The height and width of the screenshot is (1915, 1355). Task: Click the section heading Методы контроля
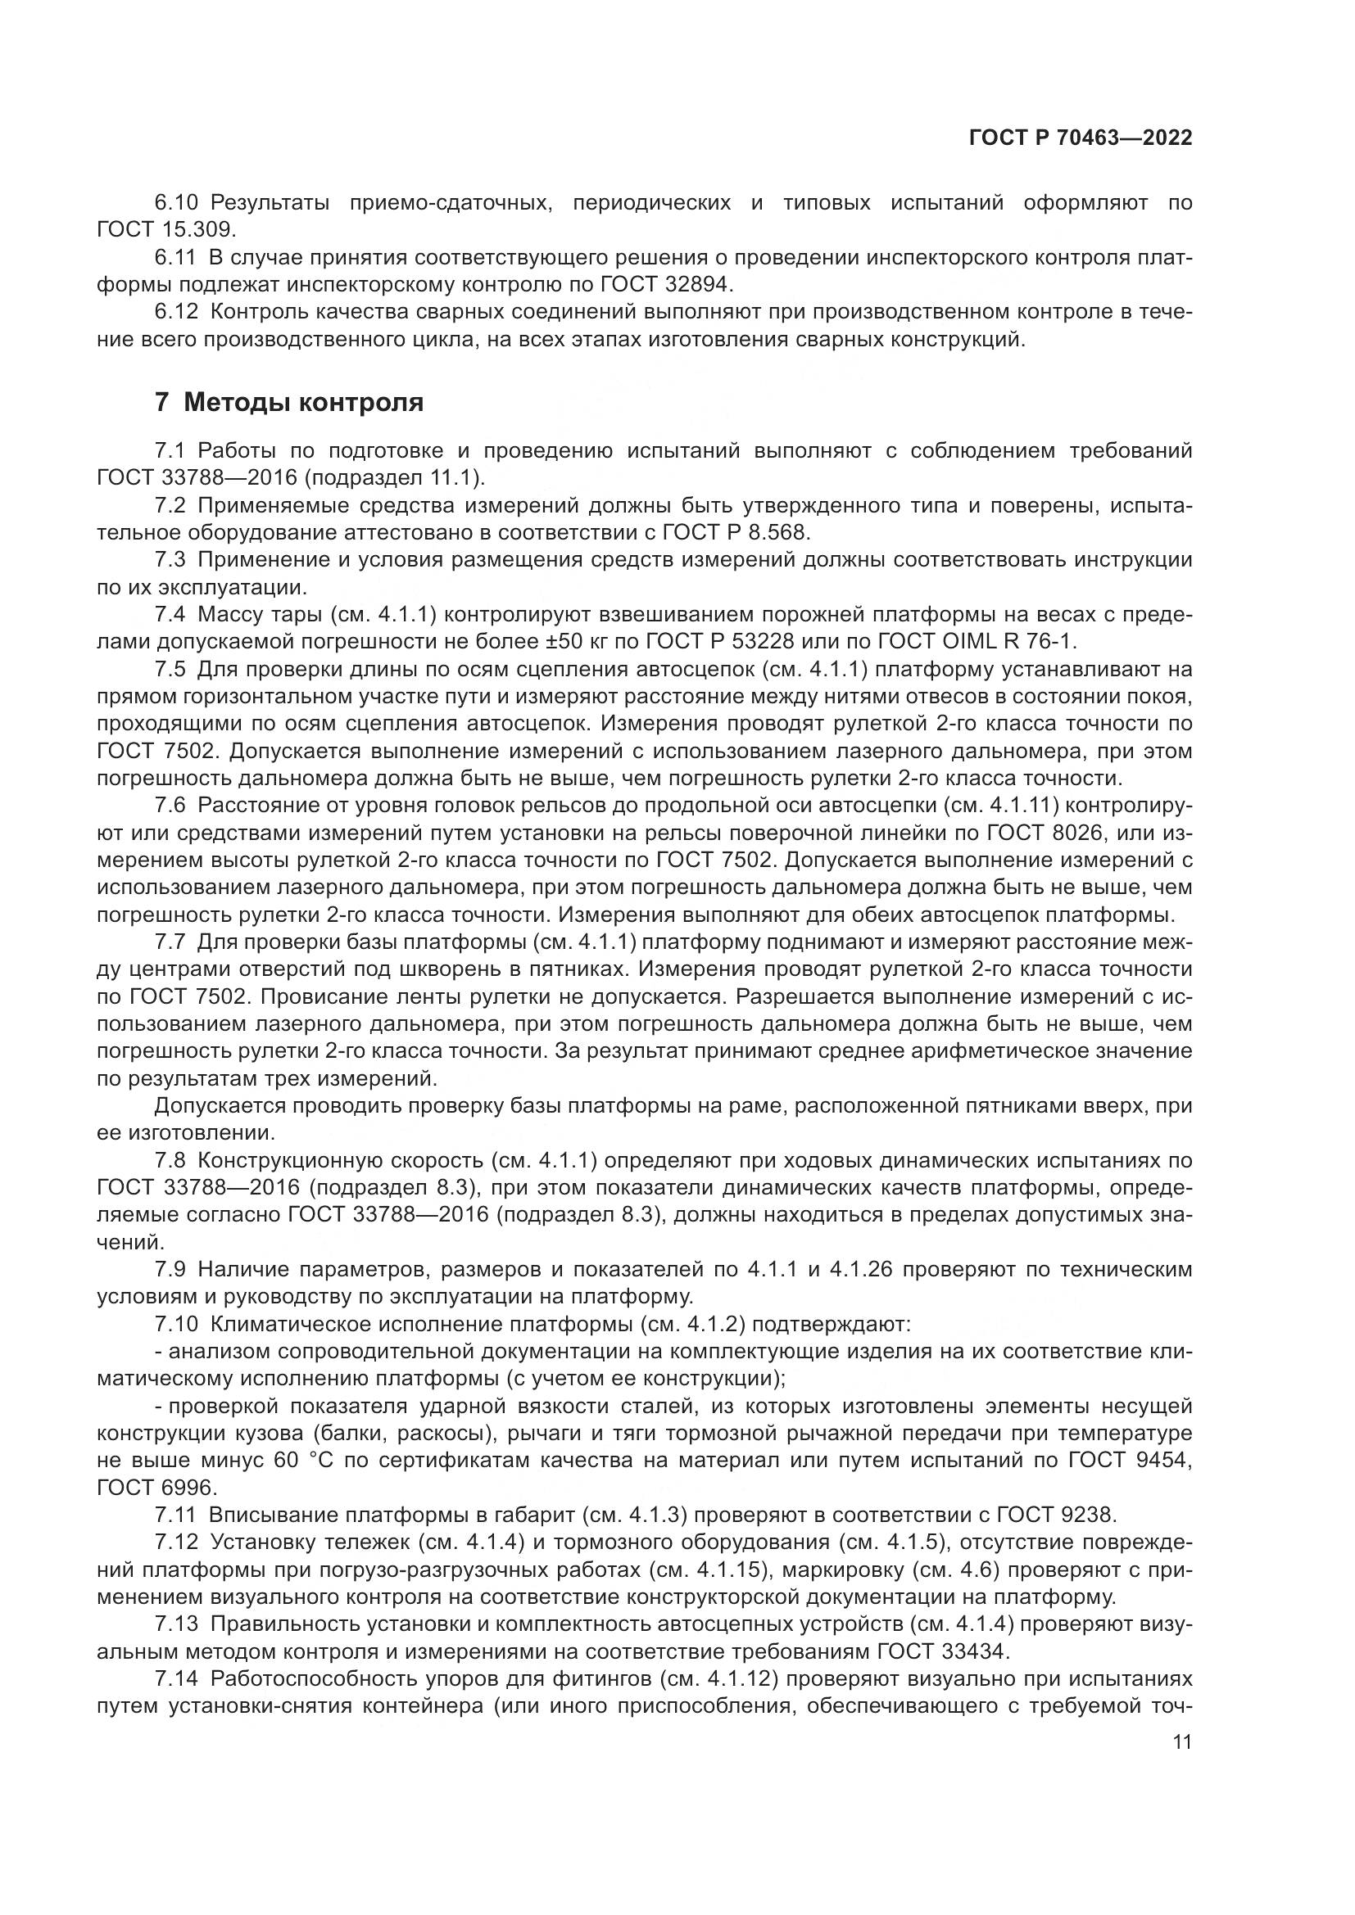[303, 403]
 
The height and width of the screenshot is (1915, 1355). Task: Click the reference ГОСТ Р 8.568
[732, 532]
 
